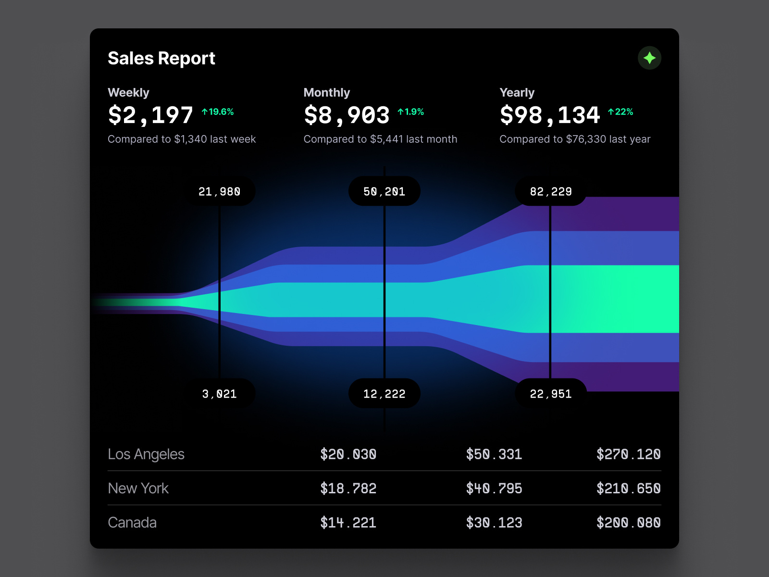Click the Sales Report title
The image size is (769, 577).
[161, 58]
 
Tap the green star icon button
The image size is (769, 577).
[649, 58]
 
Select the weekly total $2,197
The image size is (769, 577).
[150, 115]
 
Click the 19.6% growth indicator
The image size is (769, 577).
[218, 112]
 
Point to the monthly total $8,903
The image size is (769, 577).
[347, 115]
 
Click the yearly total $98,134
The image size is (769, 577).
[550, 115]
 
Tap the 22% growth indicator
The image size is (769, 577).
[620, 112]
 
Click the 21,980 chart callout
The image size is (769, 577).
[220, 191]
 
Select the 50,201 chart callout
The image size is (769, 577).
[384, 191]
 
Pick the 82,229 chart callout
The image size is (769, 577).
[551, 191]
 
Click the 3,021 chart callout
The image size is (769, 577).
[220, 394]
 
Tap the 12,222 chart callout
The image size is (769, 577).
[384, 394]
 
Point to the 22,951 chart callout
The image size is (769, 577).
[551, 394]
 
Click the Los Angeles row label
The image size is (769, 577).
[146, 454]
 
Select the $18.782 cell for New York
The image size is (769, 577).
[348, 489]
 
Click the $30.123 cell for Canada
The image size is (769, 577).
[494, 523]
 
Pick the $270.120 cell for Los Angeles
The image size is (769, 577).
[628, 454]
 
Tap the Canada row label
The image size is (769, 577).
[132, 523]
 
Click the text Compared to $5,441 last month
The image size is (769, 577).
[380, 139]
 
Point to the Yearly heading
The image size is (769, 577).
[517, 92]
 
